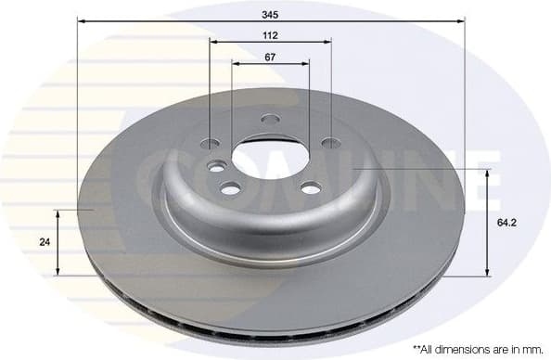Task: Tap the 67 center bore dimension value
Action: point(270,57)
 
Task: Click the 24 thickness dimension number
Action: point(43,241)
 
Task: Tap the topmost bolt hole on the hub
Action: point(270,119)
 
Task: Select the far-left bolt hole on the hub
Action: point(211,144)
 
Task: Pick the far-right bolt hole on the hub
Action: point(329,144)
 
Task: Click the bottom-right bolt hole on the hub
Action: point(311,188)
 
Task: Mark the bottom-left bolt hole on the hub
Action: point(230,188)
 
